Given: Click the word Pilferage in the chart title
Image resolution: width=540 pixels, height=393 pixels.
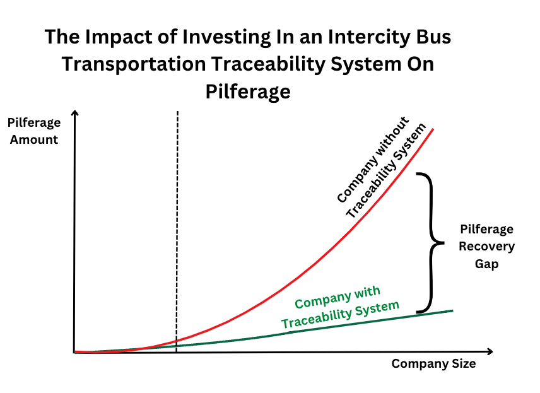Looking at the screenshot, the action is (x=248, y=92).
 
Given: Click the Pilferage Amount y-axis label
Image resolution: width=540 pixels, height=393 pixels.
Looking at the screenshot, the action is (x=34, y=131).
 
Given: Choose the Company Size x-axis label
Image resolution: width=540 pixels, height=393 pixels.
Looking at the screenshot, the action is (x=433, y=364).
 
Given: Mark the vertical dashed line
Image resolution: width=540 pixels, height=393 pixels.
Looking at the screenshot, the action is (x=177, y=232).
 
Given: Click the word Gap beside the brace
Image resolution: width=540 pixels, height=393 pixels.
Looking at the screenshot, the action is (x=486, y=264).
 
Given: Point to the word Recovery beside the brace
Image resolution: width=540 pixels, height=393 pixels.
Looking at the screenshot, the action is (x=486, y=247).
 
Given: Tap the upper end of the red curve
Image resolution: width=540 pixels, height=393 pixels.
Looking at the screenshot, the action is (x=433, y=129).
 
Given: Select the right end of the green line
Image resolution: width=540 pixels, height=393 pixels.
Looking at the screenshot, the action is (x=452, y=311).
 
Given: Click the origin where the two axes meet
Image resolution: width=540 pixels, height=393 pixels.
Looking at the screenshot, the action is (x=74, y=352).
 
